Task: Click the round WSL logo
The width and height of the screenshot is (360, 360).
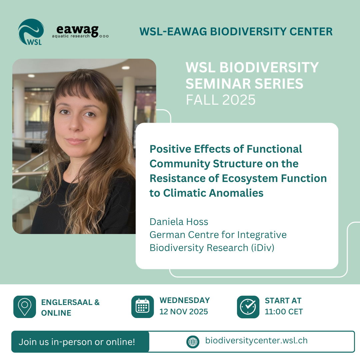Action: pyautogui.click(x=31, y=32)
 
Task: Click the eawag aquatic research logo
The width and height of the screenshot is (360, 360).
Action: pyautogui.click(x=80, y=31)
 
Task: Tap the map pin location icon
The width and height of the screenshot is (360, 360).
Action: pyautogui.click(x=25, y=307)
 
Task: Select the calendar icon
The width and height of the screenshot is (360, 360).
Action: pyautogui.click(x=143, y=307)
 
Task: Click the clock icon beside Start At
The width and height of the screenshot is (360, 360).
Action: pyautogui.click(x=248, y=307)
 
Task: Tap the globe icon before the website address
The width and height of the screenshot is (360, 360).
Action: pyautogui.click(x=193, y=342)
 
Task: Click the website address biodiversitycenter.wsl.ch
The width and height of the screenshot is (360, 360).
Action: pyautogui.click(x=256, y=340)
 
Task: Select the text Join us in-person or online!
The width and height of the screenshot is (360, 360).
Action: pyautogui.click(x=77, y=342)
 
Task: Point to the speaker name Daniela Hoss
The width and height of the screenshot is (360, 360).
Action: pyautogui.click(x=179, y=222)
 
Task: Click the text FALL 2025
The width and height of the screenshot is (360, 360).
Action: pyautogui.click(x=220, y=100)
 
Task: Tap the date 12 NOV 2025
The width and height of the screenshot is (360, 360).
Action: pyautogui.click(x=184, y=312)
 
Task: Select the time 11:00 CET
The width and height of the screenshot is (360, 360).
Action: pyautogui.click(x=284, y=312)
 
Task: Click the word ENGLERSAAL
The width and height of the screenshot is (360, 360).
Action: pyautogui.click(x=67, y=302)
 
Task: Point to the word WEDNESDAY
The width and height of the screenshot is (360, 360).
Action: pyautogui.click(x=185, y=300)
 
